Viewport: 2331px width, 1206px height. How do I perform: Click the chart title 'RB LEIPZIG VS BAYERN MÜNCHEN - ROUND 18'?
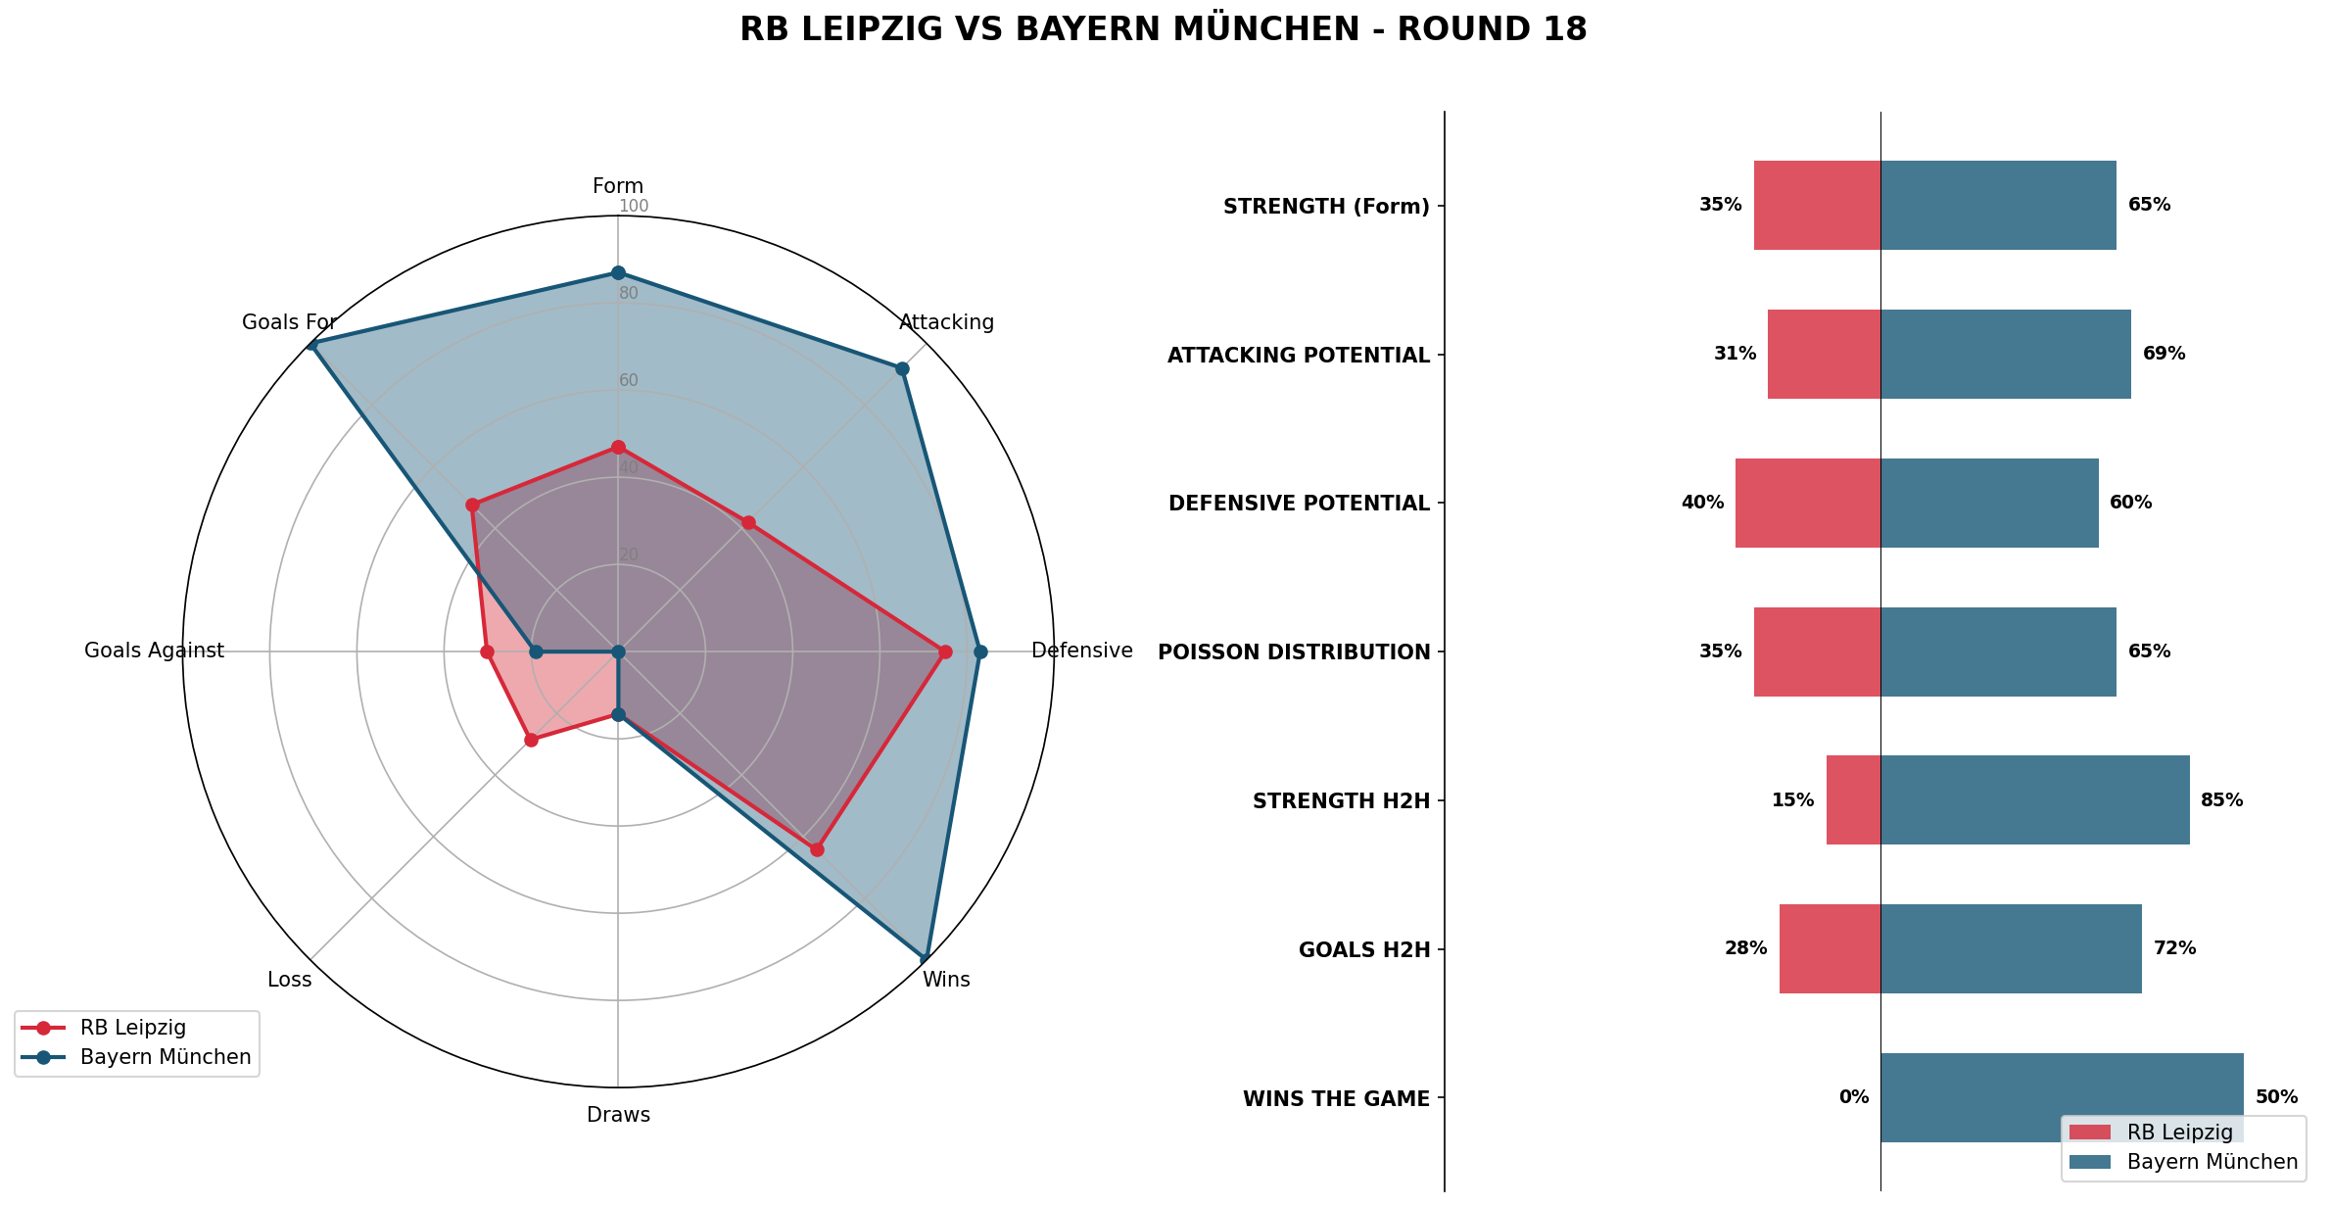pyautogui.click(x=1163, y=29)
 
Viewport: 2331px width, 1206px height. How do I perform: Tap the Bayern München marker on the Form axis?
pyautogui.click(x=618, y=272)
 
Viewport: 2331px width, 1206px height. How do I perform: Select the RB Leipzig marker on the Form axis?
pyautogui.click(x=618, y=448)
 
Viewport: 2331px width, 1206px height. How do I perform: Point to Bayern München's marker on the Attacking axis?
pyautogui.click(x=902, y=368)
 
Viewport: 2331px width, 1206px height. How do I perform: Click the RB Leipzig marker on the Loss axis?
pyautogui.click(x=531, y=740)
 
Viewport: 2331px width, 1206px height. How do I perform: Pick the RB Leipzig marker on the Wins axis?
pyautogui.click(x=817, y=849)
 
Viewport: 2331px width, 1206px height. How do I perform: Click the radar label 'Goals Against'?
pyautogui.click(x=154, y=651)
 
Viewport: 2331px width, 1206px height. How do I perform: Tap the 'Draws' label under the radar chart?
pyautogui.click(x=618, y=1115)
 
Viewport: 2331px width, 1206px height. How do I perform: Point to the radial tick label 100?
pyautogui.click(x=634, y=206)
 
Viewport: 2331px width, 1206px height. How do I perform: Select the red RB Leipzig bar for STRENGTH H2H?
pyautogui.click(x=1853, y=799)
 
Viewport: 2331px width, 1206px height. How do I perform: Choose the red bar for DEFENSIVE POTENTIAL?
pyautogui.click(x=1807, y=503)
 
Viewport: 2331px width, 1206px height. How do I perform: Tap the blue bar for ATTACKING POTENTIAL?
pyautogui.click(x=2005, y=354)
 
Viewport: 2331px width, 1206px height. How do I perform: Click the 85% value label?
pyautogui.click(x=2221, y=800)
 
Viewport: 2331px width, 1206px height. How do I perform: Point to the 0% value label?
pyautogui.click(x=1853, y=1097)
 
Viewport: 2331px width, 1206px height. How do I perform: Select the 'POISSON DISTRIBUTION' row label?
pyautogui.click(x=1294, y=652)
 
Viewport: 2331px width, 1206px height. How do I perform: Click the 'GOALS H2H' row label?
pyautogui.click(x=1364, y=950)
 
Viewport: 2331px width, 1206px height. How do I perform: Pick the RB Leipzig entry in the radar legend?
pyautogui.click(x=132, y=1028)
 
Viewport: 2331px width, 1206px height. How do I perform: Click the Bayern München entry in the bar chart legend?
pyautogui.click(x=2212, y=1162)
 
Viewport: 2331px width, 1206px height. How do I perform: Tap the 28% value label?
pyautogui.click(x=1745, y=948)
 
